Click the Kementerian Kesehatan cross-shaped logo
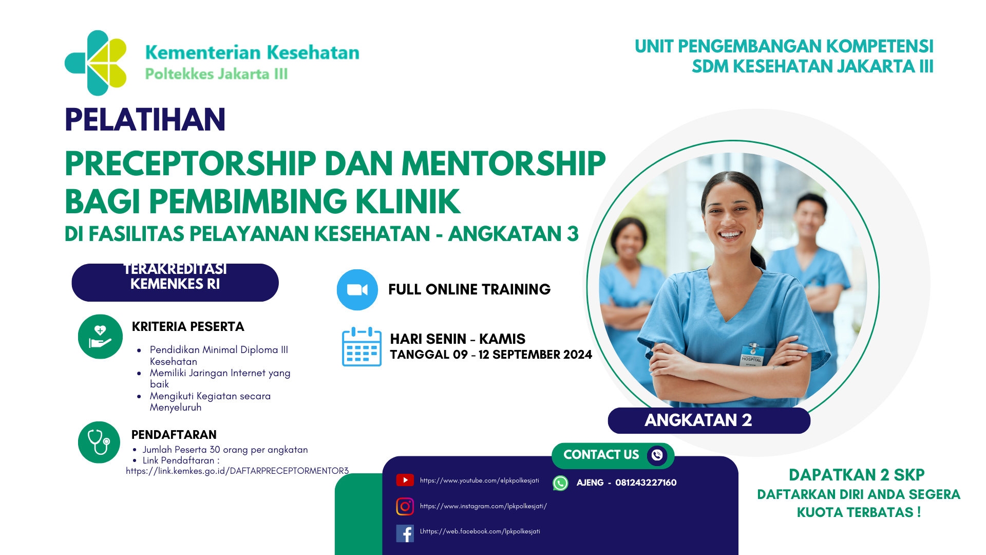96,63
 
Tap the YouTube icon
405,480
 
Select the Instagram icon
405,506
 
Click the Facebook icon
405,533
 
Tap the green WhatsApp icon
560,483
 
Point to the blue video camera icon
357,290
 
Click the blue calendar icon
362,347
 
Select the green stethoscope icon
99,442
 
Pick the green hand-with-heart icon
100,337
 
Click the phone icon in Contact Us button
657,455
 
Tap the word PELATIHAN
145,120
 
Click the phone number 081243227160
646,483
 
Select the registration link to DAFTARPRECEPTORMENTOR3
237,471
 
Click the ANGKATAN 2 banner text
698,420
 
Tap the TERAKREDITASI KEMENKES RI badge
175,282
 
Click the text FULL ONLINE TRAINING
469,289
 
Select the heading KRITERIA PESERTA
188,327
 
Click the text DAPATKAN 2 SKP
856,475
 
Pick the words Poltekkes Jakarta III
216,74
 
